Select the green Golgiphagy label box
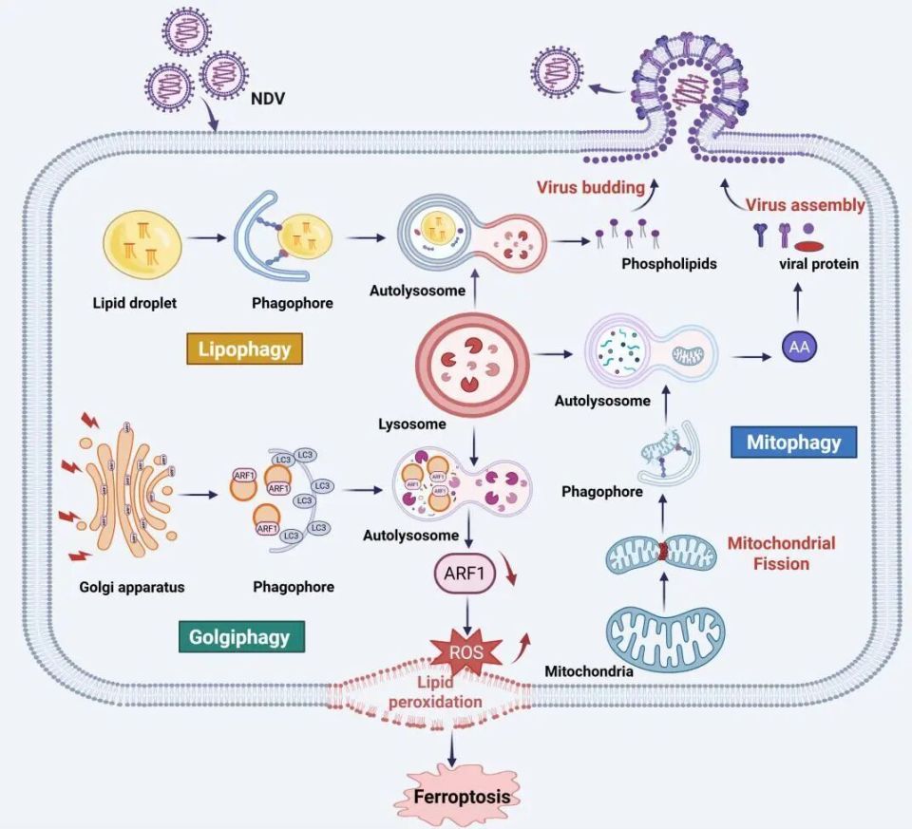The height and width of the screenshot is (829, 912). pyautogui.click(x=240, y=635)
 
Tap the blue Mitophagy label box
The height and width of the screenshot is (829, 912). pyautogui.click(x=794, y=442)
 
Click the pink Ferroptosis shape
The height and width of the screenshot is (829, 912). pyautogui.click(x=461, y=796)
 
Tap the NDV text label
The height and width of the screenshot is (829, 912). pyautogui.click(x=269, y=98)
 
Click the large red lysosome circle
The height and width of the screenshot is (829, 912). pyautogui.click(x=472, y=362)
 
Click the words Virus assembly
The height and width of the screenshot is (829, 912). pyautogui.click(x=805, y=204)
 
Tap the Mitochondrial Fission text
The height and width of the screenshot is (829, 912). pyautogui.click(x=781, y=554)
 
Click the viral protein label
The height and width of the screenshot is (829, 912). pyautogui.click(x=817, y=263)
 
